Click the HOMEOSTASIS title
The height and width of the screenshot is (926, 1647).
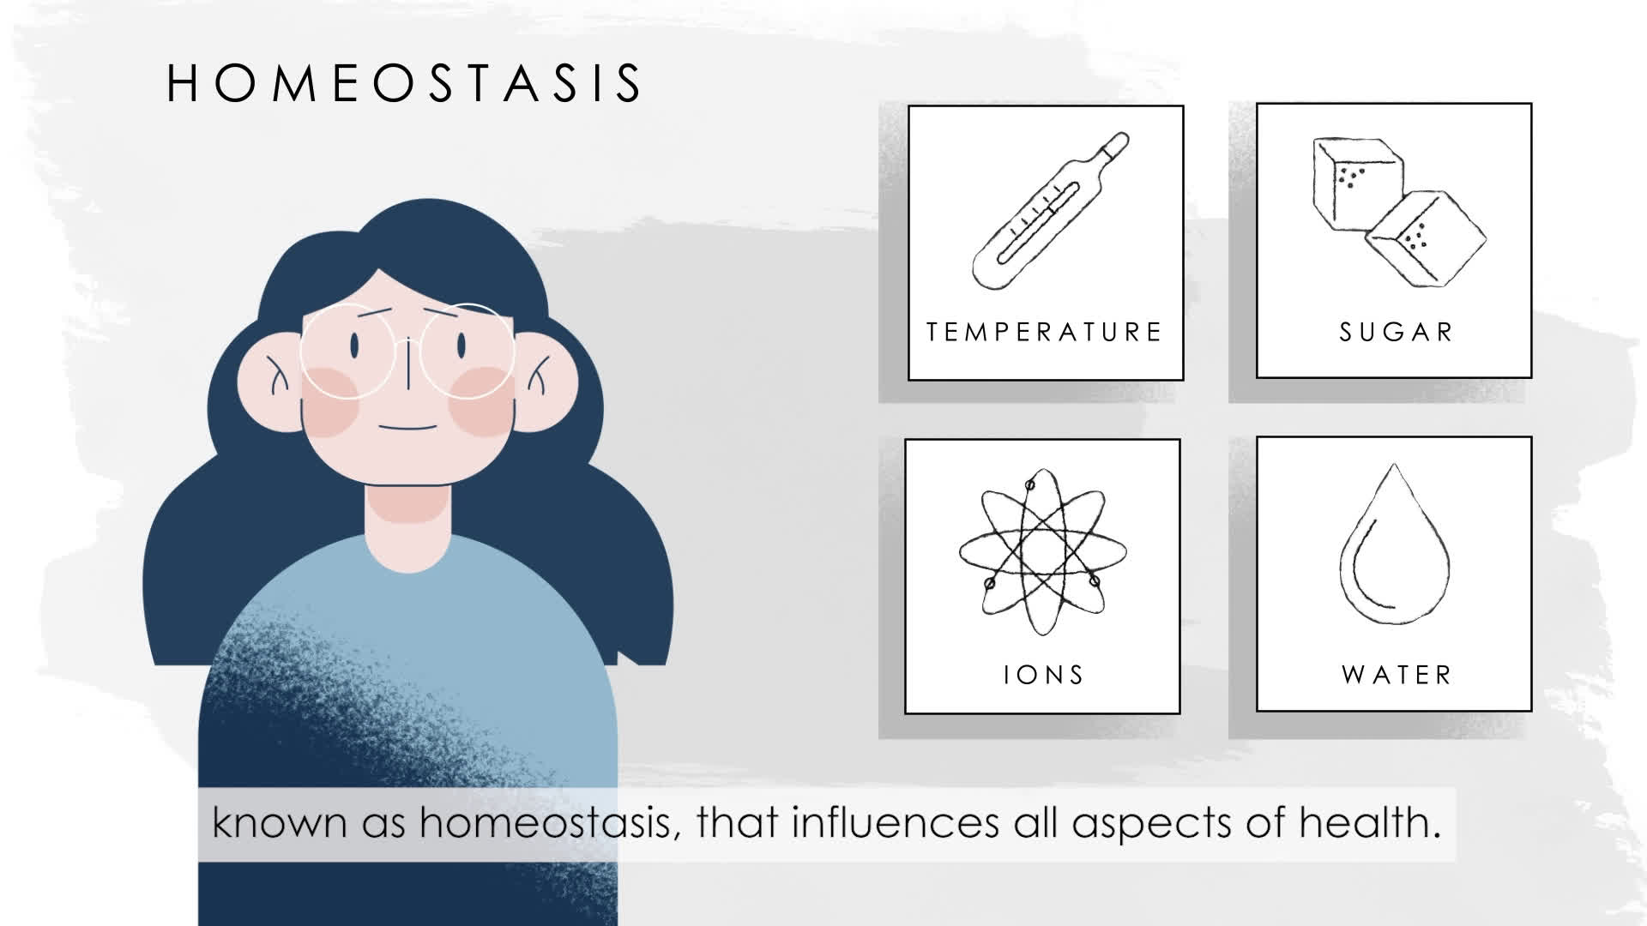(x=404, y=83)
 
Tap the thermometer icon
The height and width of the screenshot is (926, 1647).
(x=1051, y=210)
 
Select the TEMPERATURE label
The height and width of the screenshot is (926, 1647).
(x=1044, y=332)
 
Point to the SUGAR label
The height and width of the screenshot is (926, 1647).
(x=1397, y=332)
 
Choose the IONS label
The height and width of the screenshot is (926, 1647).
(x=1044, y=675)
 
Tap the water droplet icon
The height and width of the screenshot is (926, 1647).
(x=1395, y=544)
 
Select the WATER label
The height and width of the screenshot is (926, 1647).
(x=1397, y=675)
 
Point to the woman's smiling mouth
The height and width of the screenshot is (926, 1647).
(x=408, y=427)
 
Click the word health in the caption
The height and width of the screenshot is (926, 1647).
(x=1369, y=822)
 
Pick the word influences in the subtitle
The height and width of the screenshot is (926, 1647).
(x=896, y=822)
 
